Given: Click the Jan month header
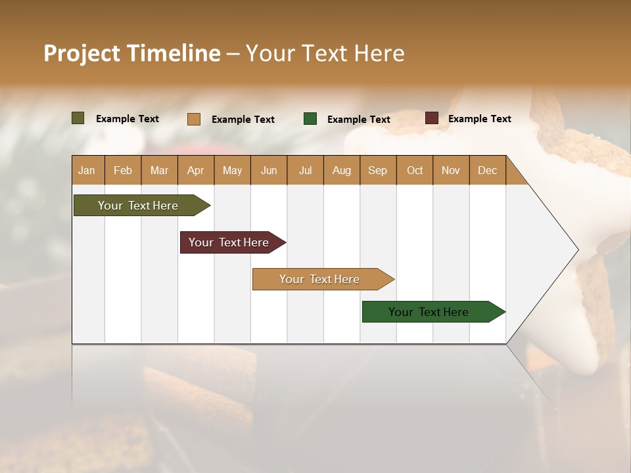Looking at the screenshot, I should pos(87,170).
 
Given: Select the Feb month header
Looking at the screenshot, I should pos(123,170).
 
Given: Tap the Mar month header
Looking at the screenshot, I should pos(159,170).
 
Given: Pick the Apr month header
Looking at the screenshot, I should pos(196,170).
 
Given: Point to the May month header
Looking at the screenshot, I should pos(232,170).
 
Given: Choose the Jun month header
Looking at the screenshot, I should pos(269,170).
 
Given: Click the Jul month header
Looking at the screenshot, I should pos(305,170).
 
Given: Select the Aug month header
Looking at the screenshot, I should pos(342,170).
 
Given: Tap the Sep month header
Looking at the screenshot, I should pos(378,170).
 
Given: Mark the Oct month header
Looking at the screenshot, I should pos(415,170).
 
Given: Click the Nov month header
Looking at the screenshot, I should pos(451,170).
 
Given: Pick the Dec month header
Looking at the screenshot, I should pos(488,170).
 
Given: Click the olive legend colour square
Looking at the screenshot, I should pos(78,118).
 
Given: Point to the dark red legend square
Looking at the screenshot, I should pos(432,118).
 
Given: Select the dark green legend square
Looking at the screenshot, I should pos(310,119).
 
